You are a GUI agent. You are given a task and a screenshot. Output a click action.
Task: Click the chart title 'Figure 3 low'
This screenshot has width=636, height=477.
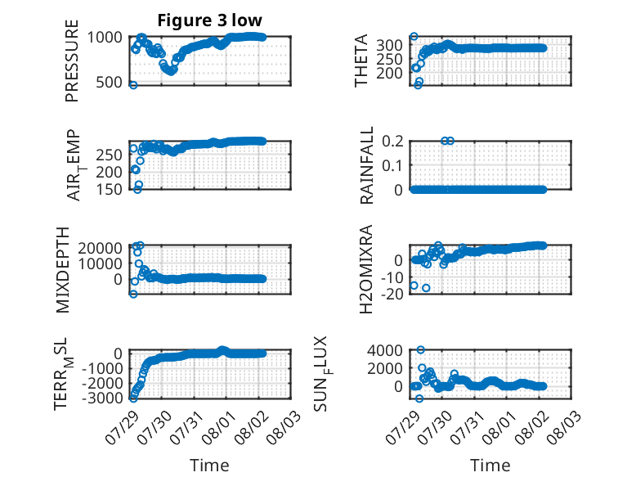pyautogui.click(x=210, y=20)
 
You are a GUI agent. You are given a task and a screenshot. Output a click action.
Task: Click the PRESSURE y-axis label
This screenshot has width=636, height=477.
pyautogui.click(x=72, y=61)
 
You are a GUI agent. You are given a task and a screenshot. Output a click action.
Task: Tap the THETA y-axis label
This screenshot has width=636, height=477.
pyautogui.click(x=361, y=61)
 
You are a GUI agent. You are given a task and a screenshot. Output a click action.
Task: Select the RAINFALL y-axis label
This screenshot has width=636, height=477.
pyautogui.click(x=366, y=165)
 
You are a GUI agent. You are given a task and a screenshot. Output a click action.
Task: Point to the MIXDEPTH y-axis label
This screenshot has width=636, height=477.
pyautogui.click(x=62, y=270)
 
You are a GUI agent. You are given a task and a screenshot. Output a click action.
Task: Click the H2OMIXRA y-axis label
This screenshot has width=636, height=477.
pyautogui.click(x=366, y=269)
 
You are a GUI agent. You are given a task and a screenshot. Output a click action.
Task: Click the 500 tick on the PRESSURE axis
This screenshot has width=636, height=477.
pyautogui.click(x=109, y=83)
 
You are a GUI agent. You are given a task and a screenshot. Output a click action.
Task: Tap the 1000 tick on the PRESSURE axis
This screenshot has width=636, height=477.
pyautogui.click(x=105, y=38)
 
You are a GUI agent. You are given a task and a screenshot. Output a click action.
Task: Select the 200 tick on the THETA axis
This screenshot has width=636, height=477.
pyautogui.click(x=389, y=74)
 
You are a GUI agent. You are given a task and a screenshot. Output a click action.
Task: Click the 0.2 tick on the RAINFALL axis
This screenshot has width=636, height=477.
pyautogui.click(x=392, y=142)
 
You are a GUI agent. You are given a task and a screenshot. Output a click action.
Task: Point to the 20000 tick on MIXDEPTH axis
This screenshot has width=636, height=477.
pyautogui.click(x=101, y=248)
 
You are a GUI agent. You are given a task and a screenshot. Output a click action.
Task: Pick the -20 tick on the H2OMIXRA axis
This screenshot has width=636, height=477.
pyautogui.click(x=392, y=294)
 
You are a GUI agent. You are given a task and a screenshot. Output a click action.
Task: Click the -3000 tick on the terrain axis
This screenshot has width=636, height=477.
pyautogui.click(x=102, y=398)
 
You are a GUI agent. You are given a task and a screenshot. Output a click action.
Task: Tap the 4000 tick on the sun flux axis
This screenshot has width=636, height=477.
pyautogui.click(x=385, y=350)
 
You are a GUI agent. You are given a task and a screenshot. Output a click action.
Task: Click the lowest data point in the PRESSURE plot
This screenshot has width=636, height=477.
pyautogui.click(x=133, y=85)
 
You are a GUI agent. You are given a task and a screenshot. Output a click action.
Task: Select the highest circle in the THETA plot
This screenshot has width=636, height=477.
pyautogui.click(x=414, y=37)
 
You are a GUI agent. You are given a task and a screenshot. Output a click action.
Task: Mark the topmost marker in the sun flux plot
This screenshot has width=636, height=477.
pyautogui.click(x=421, y=350)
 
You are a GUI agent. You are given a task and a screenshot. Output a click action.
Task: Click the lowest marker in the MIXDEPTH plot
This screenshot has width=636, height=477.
pyautogui.click(x=133, y=294)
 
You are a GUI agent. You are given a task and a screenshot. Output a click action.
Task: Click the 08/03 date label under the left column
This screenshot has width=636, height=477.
pyautogui.click(x=284, y=427)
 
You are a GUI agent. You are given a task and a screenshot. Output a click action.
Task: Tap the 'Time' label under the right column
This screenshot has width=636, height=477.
pyautogui.click(x=490, y=466)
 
